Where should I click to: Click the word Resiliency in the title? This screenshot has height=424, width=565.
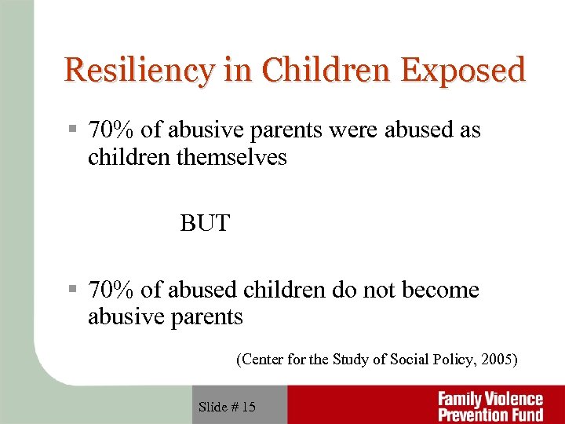pos(137,71)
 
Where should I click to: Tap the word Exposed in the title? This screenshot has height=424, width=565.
pos(463,71)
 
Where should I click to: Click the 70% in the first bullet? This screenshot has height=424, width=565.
pos(111,130)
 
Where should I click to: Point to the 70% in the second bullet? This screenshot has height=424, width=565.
pos(111,291)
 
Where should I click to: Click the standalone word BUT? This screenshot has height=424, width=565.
pos(205,224)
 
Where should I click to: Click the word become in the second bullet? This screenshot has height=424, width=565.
pos(440,291)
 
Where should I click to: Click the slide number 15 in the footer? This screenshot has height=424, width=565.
pos(248,407)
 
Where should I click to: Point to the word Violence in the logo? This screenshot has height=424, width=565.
pos(514,399)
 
